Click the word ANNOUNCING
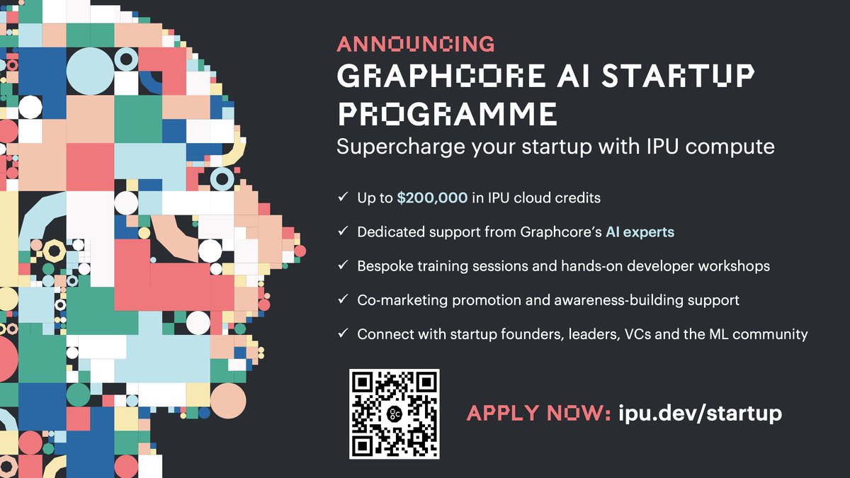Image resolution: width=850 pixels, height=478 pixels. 415,44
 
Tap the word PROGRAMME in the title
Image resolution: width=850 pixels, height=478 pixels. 446,114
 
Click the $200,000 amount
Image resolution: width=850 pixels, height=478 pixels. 432,198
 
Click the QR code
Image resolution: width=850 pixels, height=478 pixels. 395,414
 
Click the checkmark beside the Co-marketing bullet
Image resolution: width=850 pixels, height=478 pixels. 343,300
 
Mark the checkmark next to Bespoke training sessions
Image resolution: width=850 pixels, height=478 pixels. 343,266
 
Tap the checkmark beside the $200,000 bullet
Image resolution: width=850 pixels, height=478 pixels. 343,198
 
